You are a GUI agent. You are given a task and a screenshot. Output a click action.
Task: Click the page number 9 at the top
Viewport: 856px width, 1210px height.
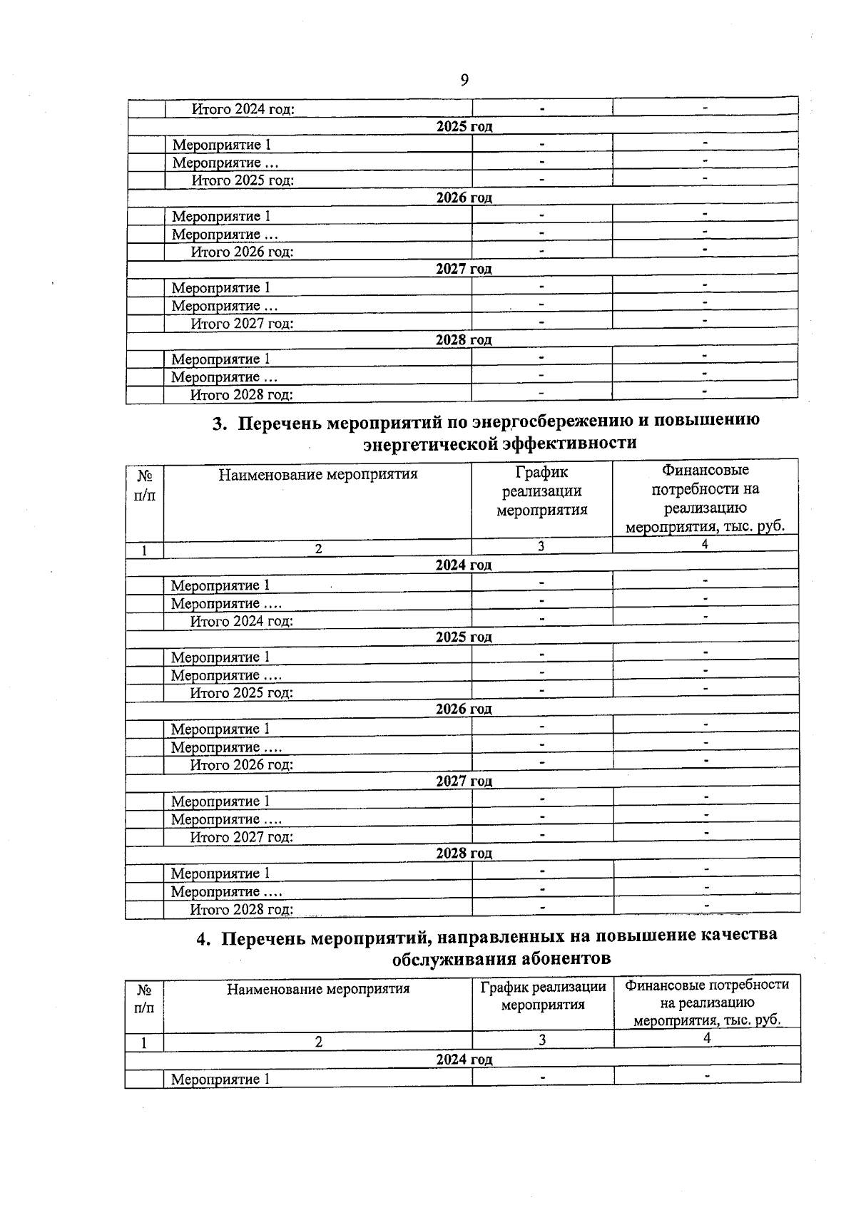click(x=464, y=80)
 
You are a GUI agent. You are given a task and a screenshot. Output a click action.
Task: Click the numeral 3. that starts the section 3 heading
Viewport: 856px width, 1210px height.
click(x=220, y=424)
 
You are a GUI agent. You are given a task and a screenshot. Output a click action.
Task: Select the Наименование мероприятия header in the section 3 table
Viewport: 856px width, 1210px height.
click(x=318, y=474)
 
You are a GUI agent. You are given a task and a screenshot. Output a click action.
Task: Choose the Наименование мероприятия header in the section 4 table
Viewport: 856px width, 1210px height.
click(x=318, y=989)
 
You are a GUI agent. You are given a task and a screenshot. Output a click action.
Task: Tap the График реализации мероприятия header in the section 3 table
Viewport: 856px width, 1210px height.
click(x=541, y=491)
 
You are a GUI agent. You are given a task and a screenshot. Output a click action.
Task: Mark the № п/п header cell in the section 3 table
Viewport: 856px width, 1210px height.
click(x=144, y=485)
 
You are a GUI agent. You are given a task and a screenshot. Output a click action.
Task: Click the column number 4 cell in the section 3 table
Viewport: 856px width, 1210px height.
click(x=705, y=545)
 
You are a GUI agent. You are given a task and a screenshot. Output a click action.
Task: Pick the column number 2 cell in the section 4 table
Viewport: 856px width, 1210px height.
click(x=318, y=1042)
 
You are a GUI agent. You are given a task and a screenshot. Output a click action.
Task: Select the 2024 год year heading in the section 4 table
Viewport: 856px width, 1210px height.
click(x=464, y=1060)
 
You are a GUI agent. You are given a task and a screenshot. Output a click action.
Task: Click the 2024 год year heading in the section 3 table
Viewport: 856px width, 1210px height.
click(x=464, y=565)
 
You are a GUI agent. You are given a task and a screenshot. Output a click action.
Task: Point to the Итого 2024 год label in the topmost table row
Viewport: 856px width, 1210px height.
click(x=243, y=109)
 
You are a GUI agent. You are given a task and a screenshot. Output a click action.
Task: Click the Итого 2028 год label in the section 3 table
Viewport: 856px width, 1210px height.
click(x=242, y=910)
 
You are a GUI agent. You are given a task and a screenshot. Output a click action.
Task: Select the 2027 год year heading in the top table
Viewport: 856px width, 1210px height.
click(x=464, y=269)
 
